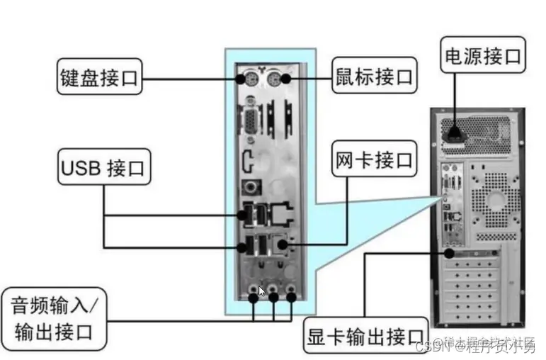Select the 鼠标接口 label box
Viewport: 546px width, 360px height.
coord(374,74)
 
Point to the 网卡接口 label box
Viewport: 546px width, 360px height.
coord(374,160)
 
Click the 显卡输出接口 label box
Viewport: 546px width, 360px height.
coord(367,338)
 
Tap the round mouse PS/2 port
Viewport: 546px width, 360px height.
coord(285,78)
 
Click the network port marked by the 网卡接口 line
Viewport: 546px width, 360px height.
coord(283,246)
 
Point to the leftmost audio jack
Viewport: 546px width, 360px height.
coord(253,290)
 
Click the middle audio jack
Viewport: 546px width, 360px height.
coord(273,290)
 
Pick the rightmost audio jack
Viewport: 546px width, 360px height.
coord(291,290)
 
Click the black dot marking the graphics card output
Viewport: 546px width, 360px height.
coord(448,252)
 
